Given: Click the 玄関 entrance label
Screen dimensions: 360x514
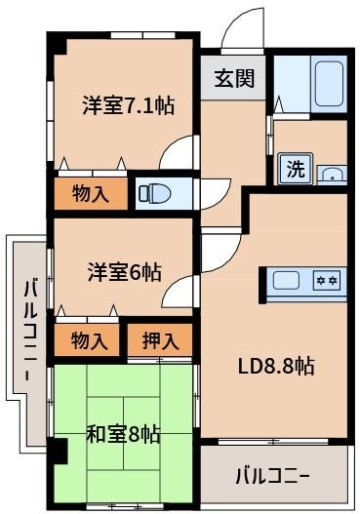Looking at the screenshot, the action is click(x=234, y=78).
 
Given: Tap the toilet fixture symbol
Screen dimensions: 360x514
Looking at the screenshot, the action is click(x=155, y=194).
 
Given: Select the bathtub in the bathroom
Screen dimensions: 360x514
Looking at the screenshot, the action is click(x=329, y=84).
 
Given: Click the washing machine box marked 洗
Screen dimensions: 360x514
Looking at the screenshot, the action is click(x=296, y=169).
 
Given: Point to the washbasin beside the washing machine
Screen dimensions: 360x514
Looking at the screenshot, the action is click(x=332, y=174).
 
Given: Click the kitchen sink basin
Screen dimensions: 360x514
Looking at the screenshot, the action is click(x=286, y=281).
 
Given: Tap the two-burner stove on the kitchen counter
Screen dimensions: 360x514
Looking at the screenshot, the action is click(x=327, y=280).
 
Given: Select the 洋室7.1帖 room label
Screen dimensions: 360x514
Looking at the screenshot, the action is click(x=129, y=105).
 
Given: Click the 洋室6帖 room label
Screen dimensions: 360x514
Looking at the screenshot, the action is click(x=124, y=272).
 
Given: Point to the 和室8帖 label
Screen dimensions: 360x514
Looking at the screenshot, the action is click(x=123, y=434).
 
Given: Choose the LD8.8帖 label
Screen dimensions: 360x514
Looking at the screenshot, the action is click(x=276, y=366).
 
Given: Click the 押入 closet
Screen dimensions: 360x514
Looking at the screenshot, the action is click(x=160, y=340).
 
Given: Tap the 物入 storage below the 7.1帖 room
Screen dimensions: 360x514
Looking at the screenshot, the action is click(x=91, y=193).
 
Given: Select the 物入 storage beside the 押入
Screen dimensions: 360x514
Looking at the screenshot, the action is click(x=87, y=340).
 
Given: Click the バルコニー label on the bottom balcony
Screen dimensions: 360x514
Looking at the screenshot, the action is click(x=273, y=476).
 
